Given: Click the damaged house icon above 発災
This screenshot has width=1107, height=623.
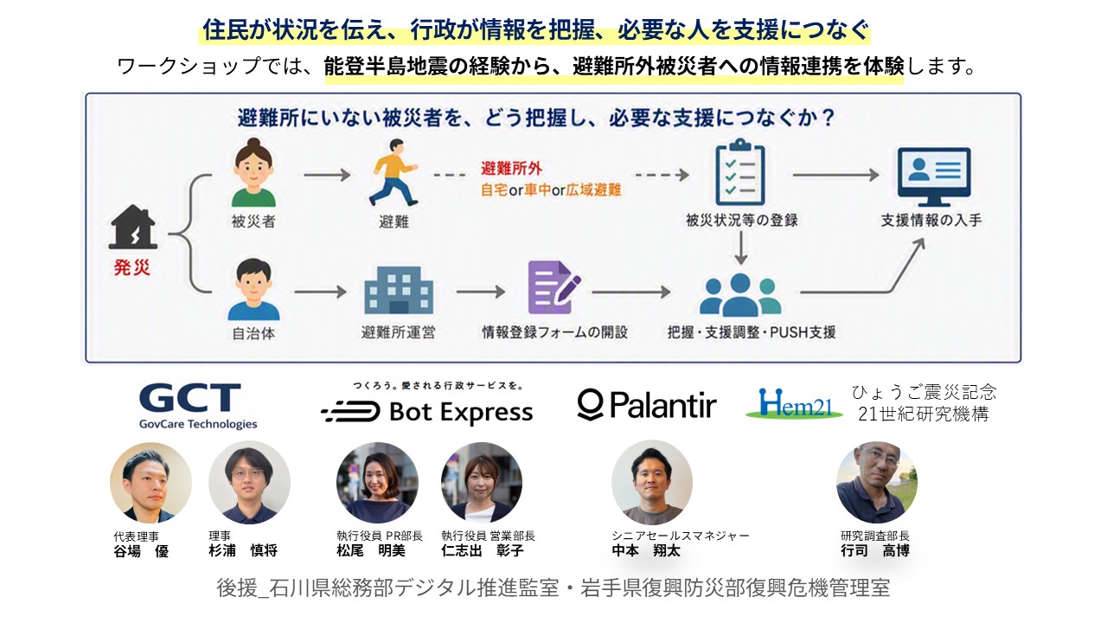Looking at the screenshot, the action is tap(132, 227).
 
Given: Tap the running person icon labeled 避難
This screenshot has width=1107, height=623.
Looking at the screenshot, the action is tap(394, 172).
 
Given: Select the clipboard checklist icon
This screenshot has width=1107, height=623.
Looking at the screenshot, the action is tap(740, 172).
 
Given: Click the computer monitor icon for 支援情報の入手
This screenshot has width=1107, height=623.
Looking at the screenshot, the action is tap(933, 177).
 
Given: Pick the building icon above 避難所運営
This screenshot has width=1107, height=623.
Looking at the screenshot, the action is tap(399, 290).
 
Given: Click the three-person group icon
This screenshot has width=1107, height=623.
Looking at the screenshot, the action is tap(740, 295).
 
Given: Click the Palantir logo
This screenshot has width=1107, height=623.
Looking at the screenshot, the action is tap(647, 405).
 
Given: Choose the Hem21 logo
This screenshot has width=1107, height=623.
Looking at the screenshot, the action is tap(794, 403).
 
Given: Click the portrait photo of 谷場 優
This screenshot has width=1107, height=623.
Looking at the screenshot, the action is tap(150, 483).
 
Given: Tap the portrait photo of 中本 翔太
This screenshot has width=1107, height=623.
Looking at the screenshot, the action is tap(652, 482).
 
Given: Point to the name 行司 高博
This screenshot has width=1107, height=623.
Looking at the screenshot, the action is tap(875, 550).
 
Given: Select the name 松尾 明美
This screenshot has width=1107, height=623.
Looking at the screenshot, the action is tap(371, 550).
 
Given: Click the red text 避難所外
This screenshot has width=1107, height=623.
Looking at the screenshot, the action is tap(511, 169).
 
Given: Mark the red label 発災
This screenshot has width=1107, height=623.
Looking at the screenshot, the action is tap(132, 267).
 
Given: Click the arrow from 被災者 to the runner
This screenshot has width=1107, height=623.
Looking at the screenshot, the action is tap(327, 175).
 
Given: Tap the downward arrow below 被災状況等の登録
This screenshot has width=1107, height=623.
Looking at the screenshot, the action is tap(740, 248).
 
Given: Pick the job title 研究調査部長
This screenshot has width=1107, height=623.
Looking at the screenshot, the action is tap(875, 536).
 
